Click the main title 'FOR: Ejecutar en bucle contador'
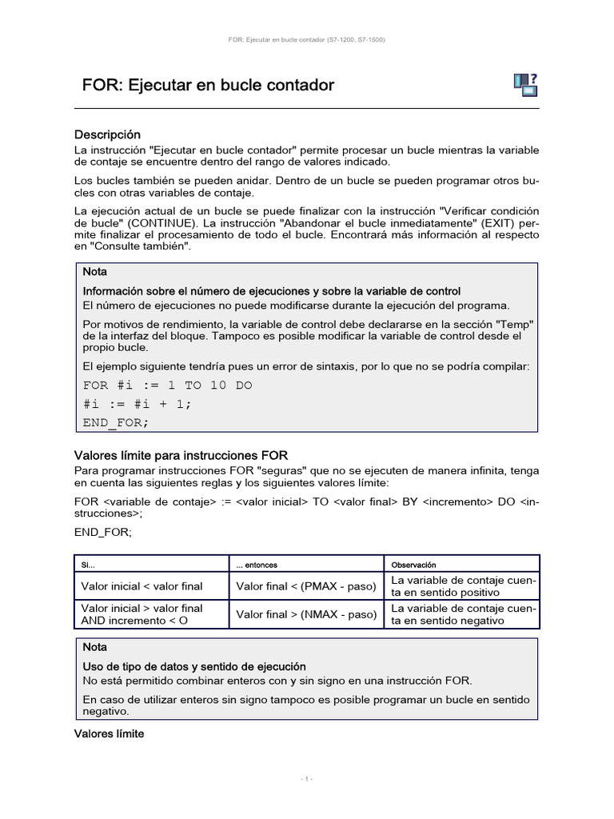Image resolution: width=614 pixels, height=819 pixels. [208, 86]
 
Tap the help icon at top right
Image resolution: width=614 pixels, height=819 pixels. [524, 85]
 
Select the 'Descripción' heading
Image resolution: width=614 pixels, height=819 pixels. [107, 134]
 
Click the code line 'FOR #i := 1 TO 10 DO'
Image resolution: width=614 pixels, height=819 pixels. [167, 385]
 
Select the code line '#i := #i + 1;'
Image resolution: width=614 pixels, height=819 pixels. [138, 403]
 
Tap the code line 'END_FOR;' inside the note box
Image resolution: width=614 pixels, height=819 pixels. [116, 421]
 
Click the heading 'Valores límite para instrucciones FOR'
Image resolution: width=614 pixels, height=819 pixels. [181, 455]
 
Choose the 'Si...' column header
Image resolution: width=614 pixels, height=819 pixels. [89, 565]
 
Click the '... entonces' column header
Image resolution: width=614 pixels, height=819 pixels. [257, 565]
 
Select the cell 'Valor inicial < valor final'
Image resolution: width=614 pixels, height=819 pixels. [142, 586]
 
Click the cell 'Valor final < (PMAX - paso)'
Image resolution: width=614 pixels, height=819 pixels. [306, 586]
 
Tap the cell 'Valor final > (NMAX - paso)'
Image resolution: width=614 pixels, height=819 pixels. [306, 614]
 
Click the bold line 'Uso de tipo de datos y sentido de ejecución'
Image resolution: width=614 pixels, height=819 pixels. [194, 666]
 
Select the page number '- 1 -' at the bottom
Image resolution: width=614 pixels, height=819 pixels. [307, 778]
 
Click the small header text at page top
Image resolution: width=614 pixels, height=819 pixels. [307, 39]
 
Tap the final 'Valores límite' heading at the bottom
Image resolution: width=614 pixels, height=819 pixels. [109, 733]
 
